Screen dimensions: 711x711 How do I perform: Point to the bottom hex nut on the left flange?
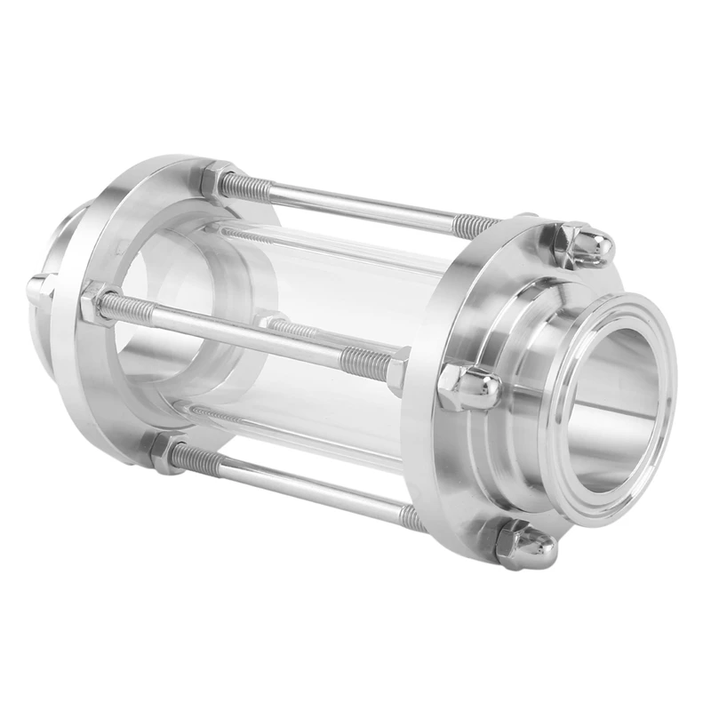coord(165,452)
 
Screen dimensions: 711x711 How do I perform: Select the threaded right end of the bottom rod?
coord(411,517)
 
